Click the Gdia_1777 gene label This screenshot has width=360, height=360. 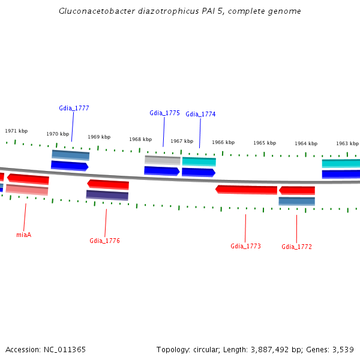click(x=74, y=108)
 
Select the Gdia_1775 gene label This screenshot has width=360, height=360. click(x=164, y=113)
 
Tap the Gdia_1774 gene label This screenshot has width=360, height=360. click(x=200, y=114)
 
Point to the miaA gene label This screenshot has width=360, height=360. click(x=23, y=235)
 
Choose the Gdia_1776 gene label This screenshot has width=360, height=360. click(x=105, y=241)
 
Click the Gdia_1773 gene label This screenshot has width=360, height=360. click(x=245, y=246)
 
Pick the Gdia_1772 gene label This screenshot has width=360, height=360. click(x=296, y=247)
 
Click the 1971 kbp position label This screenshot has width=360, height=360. click(x=16, y=131)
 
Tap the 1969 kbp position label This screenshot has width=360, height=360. click(x=99, y=137)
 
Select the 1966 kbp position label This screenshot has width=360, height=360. click(x=223, y=142)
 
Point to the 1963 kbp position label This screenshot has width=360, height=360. click(x=347, y=143)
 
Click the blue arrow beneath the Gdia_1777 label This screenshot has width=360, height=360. click(x=70, y=166)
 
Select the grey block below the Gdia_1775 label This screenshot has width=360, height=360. click(x=162, y=160)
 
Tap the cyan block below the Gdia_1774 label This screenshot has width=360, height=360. click(x=199, y=161)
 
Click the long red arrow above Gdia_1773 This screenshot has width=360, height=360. click(x=246, y=190)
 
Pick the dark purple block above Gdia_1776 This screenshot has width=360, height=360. click(x=107, y=195)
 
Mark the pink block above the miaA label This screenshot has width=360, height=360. click(x=26, y=190)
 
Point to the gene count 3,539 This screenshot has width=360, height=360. click(x=341, y=349)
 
